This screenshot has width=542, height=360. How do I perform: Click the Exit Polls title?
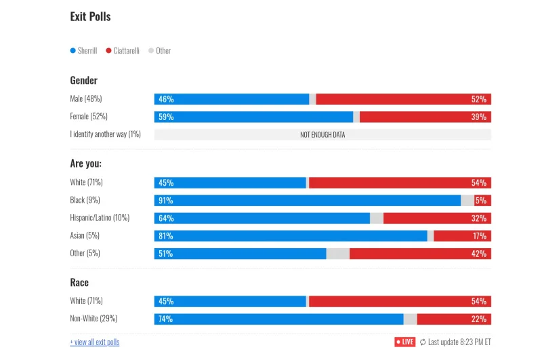click(x=90, y=16)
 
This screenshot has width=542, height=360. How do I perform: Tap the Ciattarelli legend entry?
click(x=123, y=51)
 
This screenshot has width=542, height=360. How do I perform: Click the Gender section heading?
click(x=84, y=81)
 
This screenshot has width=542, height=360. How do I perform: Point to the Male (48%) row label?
click(x=86, y=99)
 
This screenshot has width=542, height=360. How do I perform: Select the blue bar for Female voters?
click(x=253, y=117)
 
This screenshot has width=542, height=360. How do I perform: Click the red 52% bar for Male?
click(x=403, y=99)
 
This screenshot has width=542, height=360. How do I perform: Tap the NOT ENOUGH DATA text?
click(x=322, y=135)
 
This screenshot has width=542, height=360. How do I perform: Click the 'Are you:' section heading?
click(x=86, y=163)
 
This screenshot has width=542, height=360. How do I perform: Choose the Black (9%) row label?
click(x=85, y=200)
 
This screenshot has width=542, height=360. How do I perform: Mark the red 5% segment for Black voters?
click(x=482, y=201)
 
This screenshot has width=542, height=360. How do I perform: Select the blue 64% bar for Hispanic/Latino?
click(x=262, y=218)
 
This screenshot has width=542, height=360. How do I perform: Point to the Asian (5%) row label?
click(x=85, y=236)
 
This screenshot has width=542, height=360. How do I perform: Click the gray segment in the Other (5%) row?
click(x=338, y=254)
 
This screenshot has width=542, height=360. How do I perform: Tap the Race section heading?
click(x=79, y=282)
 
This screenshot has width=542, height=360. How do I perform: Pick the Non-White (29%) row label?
click(x=92, y=319)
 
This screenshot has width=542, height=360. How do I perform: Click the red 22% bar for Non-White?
click(x=454, y=319)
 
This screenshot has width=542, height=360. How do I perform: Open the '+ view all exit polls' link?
click(x=95, y=342)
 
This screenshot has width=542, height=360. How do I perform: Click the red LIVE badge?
click(x=404, y=342)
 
